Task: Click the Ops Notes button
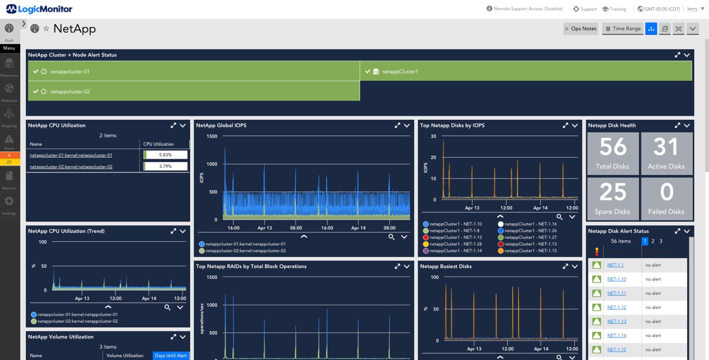(x=580, y=29)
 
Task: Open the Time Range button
(x=623, y=29)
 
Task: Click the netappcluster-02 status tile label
(x=70, y=91)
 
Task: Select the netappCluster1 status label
(x=400, y=72)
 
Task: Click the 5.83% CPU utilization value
(x=165, y=155)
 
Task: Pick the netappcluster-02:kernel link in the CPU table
(x=71, y=167)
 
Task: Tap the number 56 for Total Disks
(x=613, y=147)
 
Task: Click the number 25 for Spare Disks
(x=613, y=192)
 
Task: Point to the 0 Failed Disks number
(x=666, y=192)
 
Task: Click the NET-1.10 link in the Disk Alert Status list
(x=616, y=279)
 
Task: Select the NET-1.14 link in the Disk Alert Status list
(x=616, y=336)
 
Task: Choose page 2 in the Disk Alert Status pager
(x=653, y=241)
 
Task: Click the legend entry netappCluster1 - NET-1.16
(x=530, y=224)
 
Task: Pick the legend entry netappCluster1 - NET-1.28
(x=456, y=244)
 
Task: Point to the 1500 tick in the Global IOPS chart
(x=212, y=136)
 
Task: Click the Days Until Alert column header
(x=171, y=356)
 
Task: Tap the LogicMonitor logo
(x=39, y=9)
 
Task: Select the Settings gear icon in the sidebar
(x=9, y=201)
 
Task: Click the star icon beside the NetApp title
(x=46, y=29)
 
